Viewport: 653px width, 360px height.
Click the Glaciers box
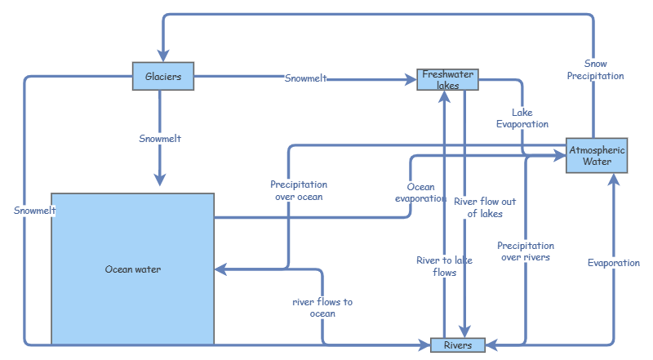click(x=163, y=77)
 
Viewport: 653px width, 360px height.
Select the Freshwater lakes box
click(x=446, y=79)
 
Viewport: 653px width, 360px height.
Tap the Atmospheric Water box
click(x=597, y=155)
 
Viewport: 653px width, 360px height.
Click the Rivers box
click(x=457, y=345)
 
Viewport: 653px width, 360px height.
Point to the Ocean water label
click(x=133, y=269)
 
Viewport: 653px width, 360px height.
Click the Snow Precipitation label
click(x=596, y=69)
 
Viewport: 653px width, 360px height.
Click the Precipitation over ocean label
click(x=299, y=190)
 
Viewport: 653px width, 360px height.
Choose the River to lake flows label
click(x=444, y=266)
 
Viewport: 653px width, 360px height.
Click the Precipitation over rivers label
click(x=526, y=251)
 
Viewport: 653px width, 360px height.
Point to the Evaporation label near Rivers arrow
click(x=614, y=263)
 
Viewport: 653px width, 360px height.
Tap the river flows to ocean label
click(x=322, y=308)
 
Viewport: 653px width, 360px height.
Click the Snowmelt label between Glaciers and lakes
click(x=306, y=78)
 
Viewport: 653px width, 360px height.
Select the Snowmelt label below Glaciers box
click(x=160, y=139)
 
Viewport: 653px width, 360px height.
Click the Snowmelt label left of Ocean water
click(x=34, y=211)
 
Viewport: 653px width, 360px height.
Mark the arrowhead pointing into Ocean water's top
click(x=160, y=180)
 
